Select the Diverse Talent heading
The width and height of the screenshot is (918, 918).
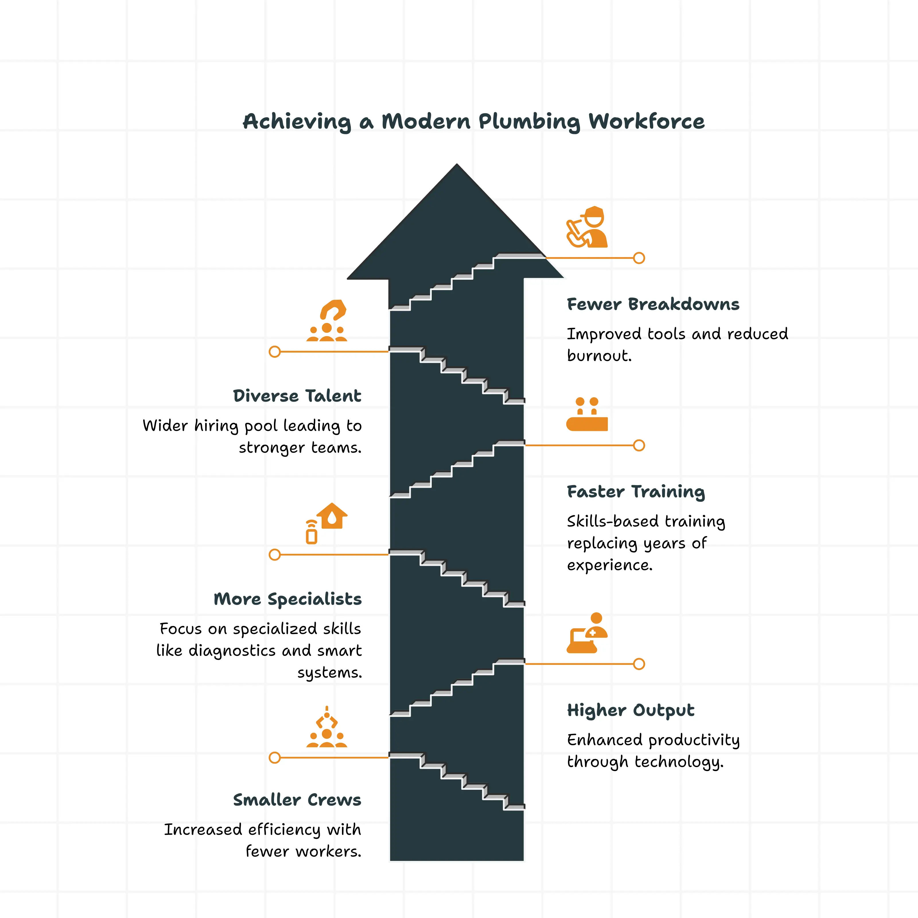(297, 396)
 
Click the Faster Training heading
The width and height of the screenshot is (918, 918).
(636, 492)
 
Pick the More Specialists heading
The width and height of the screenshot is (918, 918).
(287, 599)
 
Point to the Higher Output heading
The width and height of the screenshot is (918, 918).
(631, 710)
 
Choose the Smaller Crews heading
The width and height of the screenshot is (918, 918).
(297, 800)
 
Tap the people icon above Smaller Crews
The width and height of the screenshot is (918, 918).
(327, 728)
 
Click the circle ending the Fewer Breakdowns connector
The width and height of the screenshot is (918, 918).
(639, 258)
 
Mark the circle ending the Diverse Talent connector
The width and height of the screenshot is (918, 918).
(275, 352)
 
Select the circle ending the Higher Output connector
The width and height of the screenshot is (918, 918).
(639, 664)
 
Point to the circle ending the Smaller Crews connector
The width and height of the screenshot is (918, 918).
(275, 757)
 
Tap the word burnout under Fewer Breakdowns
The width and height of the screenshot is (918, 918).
(599, 356)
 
